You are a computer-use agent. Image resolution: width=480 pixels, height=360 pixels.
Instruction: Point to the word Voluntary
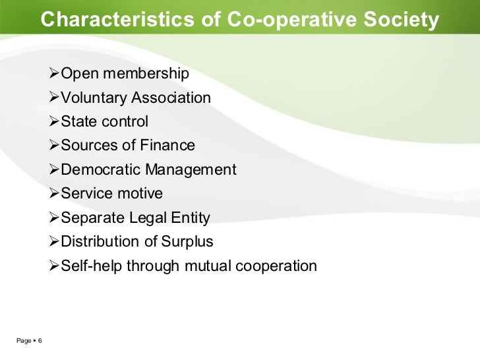pyautogui.click(x=92, y=99)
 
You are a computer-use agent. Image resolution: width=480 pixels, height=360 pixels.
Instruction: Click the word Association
pyautogui.click(x=171, y=99)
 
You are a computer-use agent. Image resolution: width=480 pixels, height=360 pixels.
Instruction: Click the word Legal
pyautogui.click(x=146, y=218)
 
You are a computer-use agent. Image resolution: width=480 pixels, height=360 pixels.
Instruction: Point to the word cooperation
pyautogui.click(x=275, y=266)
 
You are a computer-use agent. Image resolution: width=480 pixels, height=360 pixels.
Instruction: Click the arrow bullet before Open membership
pyautogui.click(x=54, y=74)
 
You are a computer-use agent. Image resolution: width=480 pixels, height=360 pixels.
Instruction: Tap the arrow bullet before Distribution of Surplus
pyautogui.click(x=54, y=241)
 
